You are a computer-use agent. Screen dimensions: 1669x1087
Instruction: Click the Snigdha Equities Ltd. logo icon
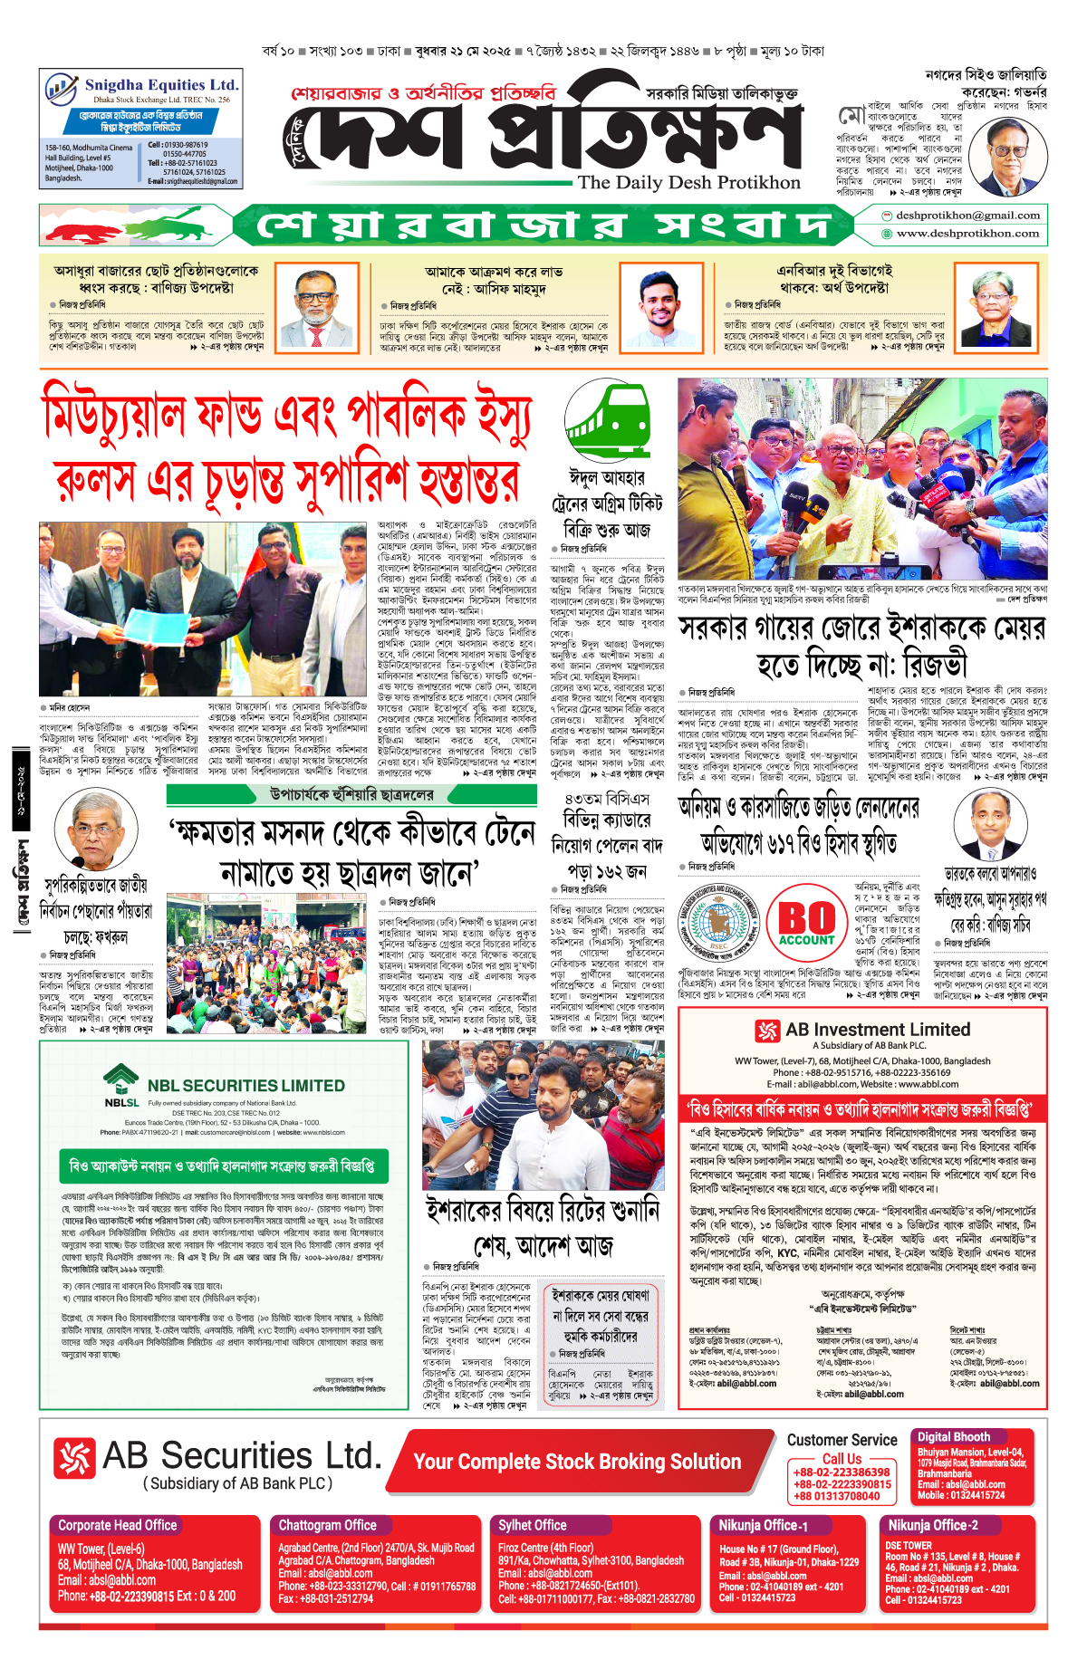(x=62, y=90)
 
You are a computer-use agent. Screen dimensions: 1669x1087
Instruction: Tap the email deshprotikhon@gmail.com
(x=967, y=216)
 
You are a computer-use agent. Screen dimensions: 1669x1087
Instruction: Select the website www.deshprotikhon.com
(x=967, y=234)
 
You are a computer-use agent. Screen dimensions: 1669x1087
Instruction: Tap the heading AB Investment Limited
(x=877, y=1030)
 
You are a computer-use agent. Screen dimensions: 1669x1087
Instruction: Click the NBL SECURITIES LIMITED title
(x=245, y=1085)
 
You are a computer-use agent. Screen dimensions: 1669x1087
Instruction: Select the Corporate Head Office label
(x=118, y=1525)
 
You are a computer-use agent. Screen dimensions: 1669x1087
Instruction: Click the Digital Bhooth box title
(x=953, y=1436)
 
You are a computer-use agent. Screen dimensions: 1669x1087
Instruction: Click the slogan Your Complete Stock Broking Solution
(x=577, y=1462)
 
